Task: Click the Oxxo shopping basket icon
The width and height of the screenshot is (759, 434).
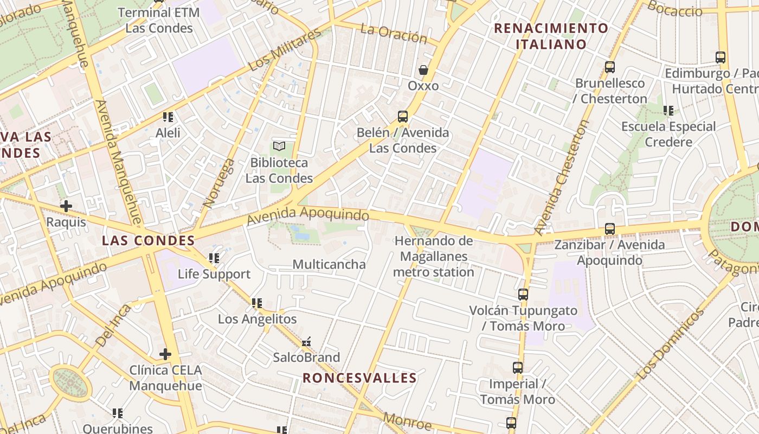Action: [x=423, y=70]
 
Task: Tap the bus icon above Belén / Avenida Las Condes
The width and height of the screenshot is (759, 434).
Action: [x=402, y=116]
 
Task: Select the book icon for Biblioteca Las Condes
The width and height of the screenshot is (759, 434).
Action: [x=279, y=146]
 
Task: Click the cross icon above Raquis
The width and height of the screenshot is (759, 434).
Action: [x=66, y=206]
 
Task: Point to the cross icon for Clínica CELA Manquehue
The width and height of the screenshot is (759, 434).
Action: [x=165, y=354]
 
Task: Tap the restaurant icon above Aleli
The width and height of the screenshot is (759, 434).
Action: [x=168, y=117]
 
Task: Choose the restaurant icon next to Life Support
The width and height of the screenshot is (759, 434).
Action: [x=214, y=258]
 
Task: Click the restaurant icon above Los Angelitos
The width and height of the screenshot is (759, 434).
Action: [x=257, y=303]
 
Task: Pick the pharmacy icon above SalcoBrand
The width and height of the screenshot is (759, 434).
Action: [x=306, y=342]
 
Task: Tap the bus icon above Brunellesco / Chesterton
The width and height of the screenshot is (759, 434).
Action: [x=610, y=67]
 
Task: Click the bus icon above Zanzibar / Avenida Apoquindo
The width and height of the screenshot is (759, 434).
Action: [x=610, y=229]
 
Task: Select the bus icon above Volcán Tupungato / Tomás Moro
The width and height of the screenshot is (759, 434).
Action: [x=523, y=295]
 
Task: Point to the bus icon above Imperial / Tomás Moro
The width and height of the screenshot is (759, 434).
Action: [x=518, y=368]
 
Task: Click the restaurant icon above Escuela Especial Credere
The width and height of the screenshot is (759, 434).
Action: [x=668, y=111]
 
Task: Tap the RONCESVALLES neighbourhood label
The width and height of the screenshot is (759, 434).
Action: [x=359, y=378]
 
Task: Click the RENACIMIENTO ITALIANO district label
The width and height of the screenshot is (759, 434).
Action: [x=551, y=36]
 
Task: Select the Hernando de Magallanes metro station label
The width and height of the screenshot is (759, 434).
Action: [x=433, y=257]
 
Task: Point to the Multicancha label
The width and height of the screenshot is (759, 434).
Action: [x=329, y=264]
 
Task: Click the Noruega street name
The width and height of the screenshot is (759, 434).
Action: [x=219, y=183]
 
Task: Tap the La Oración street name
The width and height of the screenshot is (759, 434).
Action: [x=394, y=34]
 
